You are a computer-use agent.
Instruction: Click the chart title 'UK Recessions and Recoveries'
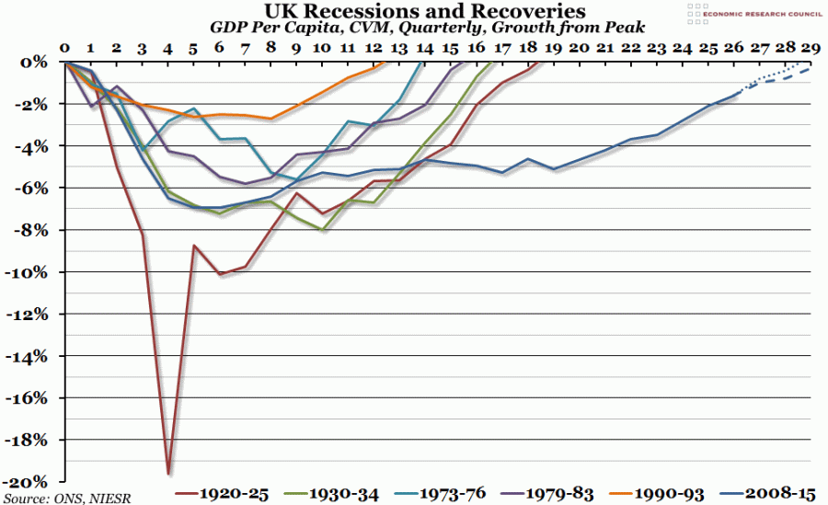pos(413,11)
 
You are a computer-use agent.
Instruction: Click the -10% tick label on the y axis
pos(31,272)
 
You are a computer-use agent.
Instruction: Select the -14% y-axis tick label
pos(31,356)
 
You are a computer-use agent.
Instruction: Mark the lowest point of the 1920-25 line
pos(168,474)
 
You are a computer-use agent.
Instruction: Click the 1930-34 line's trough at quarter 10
pos(323,230)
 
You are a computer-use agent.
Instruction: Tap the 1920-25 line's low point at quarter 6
pos(220,274)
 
